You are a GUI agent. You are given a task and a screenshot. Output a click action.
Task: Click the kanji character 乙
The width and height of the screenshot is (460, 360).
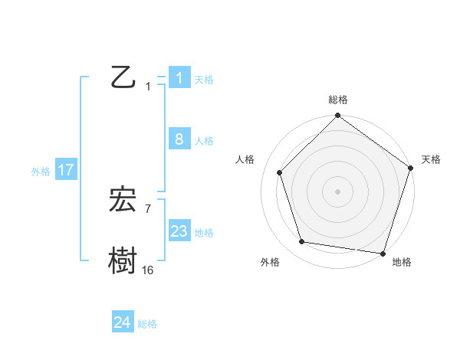pos(124,77)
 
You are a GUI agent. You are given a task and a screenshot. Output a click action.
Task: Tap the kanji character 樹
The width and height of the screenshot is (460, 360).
pos(124,260)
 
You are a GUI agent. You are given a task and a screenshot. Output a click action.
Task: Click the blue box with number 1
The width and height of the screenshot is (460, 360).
pos(179,77)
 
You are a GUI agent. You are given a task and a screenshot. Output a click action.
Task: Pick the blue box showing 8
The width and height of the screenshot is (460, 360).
pos(179,139)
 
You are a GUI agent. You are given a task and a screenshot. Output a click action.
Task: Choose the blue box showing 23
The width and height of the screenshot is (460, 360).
pos(179,231)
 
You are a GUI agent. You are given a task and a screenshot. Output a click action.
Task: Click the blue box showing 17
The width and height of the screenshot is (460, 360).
pos(65,170)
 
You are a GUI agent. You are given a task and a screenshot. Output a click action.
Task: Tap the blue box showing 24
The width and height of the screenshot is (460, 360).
pos(122,322)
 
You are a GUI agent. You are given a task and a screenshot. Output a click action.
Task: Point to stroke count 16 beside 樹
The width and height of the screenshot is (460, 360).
pos(147,270)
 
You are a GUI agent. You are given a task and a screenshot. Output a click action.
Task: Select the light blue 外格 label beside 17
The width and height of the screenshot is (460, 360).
pos(41,172)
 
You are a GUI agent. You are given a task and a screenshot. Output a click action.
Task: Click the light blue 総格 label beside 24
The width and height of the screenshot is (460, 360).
pos(147,324)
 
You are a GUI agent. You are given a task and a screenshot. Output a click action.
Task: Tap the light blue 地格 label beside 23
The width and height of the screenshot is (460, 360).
pos(204,233)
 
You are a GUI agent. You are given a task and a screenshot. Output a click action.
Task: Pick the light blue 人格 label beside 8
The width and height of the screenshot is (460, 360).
pos(204,141)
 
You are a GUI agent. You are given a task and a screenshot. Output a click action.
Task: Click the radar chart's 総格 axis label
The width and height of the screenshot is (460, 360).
pos(338,100)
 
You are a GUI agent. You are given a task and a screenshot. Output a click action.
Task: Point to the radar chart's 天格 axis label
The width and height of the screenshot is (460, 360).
pos(431,159)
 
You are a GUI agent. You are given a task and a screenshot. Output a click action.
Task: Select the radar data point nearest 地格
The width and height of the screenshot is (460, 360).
pos(383,253)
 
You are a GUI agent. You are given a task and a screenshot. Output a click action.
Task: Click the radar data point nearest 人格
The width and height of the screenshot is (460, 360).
pos(280,173)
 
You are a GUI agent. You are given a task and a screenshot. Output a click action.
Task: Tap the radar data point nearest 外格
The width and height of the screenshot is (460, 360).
pos(302,242)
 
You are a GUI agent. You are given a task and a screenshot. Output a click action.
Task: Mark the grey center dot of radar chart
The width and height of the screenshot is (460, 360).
pos(338,191)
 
